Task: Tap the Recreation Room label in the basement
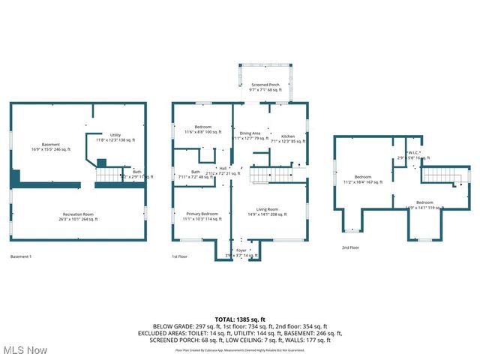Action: (77, 217)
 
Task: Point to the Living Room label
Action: (268, 211)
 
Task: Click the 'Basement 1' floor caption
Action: (21, 256)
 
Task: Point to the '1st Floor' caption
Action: (181, 256)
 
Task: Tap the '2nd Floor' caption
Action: (350, 247)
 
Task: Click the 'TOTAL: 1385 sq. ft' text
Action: (240, 319)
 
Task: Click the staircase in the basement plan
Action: (109, 175)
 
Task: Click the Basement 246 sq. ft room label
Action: (51, 147)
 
